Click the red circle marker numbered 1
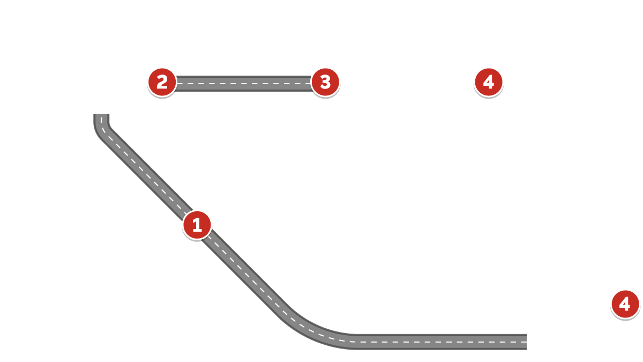(197, 225)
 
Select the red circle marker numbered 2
(162, 82)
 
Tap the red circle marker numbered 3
(325, 82)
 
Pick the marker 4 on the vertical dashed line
(625, 304)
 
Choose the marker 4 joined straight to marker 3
(488, 82)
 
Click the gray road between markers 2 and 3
(244, 84)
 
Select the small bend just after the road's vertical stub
(104, 132)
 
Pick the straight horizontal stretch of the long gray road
(439, 342)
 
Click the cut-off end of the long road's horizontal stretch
(525, 342)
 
